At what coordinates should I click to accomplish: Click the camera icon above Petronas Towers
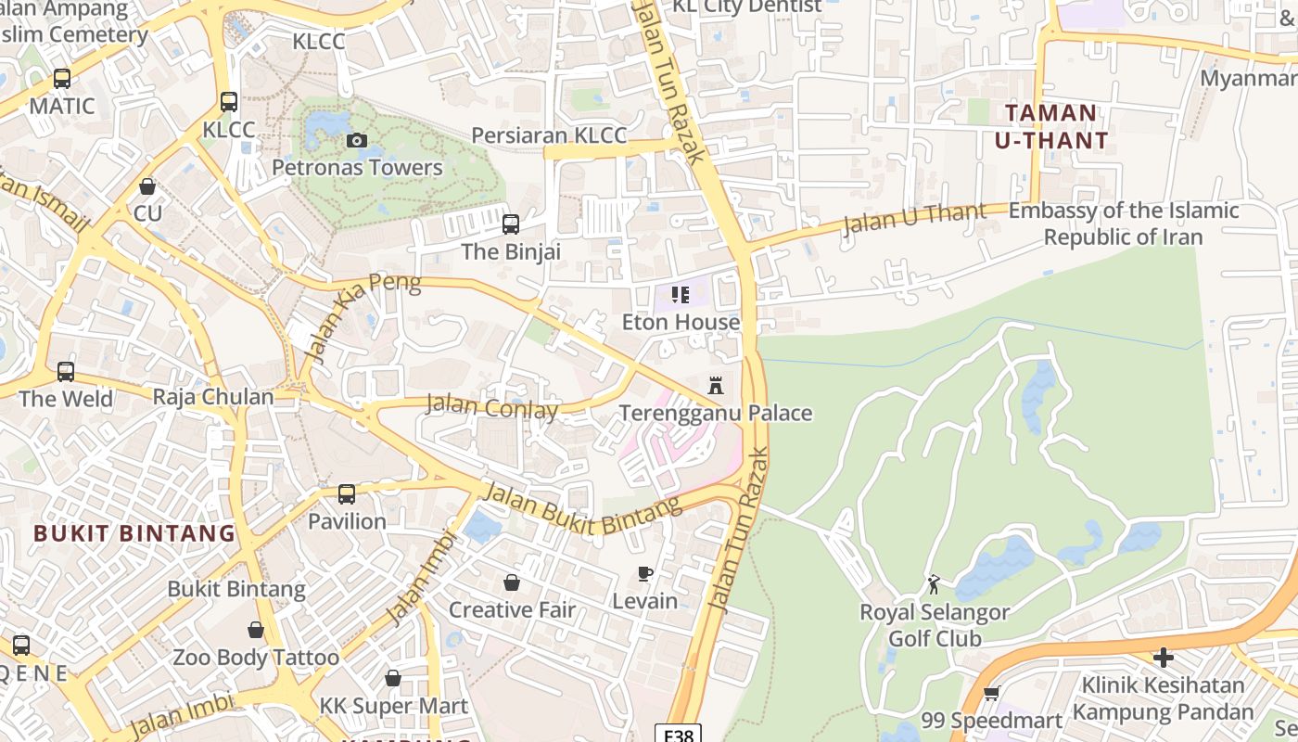click(356, 141)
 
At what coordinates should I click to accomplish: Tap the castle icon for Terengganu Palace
click(715, 385)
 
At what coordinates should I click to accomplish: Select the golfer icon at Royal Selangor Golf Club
click(934, 584)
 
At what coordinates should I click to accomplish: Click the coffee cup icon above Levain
click(645, 574)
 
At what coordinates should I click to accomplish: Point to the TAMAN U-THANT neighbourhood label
click(1050, 127)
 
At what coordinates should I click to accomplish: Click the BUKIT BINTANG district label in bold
click(135, 533)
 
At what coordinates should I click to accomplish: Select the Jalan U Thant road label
click(914, 219)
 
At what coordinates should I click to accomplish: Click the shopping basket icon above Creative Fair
click(511, 582)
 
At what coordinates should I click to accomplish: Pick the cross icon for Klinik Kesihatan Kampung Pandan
click(1163, 658)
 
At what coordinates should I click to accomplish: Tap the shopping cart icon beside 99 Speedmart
click(991, 694)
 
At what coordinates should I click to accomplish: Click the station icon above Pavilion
click(347, 494)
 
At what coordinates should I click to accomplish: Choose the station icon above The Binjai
click(510, 224)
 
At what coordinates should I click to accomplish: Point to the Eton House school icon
click(681, 295)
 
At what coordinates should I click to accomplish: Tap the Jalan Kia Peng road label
click(363, 316)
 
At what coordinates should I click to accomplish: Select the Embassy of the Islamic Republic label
click(1123, 224)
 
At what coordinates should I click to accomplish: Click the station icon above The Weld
click(66, 372)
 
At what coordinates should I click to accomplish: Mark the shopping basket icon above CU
click(147, 186)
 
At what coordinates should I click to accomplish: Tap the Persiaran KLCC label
click(549, 135)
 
